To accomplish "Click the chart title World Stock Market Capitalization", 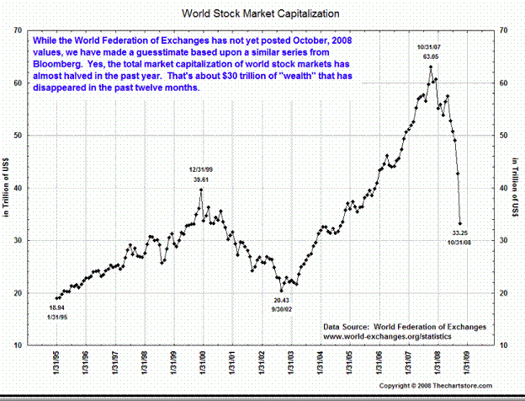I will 262,15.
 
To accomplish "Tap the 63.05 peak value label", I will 430,55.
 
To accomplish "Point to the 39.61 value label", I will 200,179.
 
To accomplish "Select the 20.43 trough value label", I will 281,300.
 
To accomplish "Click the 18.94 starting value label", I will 57,309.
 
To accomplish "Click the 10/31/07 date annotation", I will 430,45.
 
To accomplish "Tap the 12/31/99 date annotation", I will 200,170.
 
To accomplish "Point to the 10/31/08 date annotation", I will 461,242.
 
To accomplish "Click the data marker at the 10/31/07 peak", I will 431,67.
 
